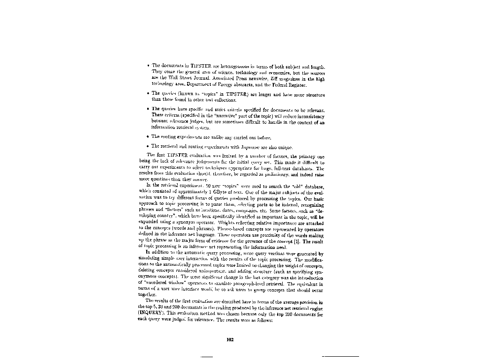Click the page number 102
click(x=230, y=340)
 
